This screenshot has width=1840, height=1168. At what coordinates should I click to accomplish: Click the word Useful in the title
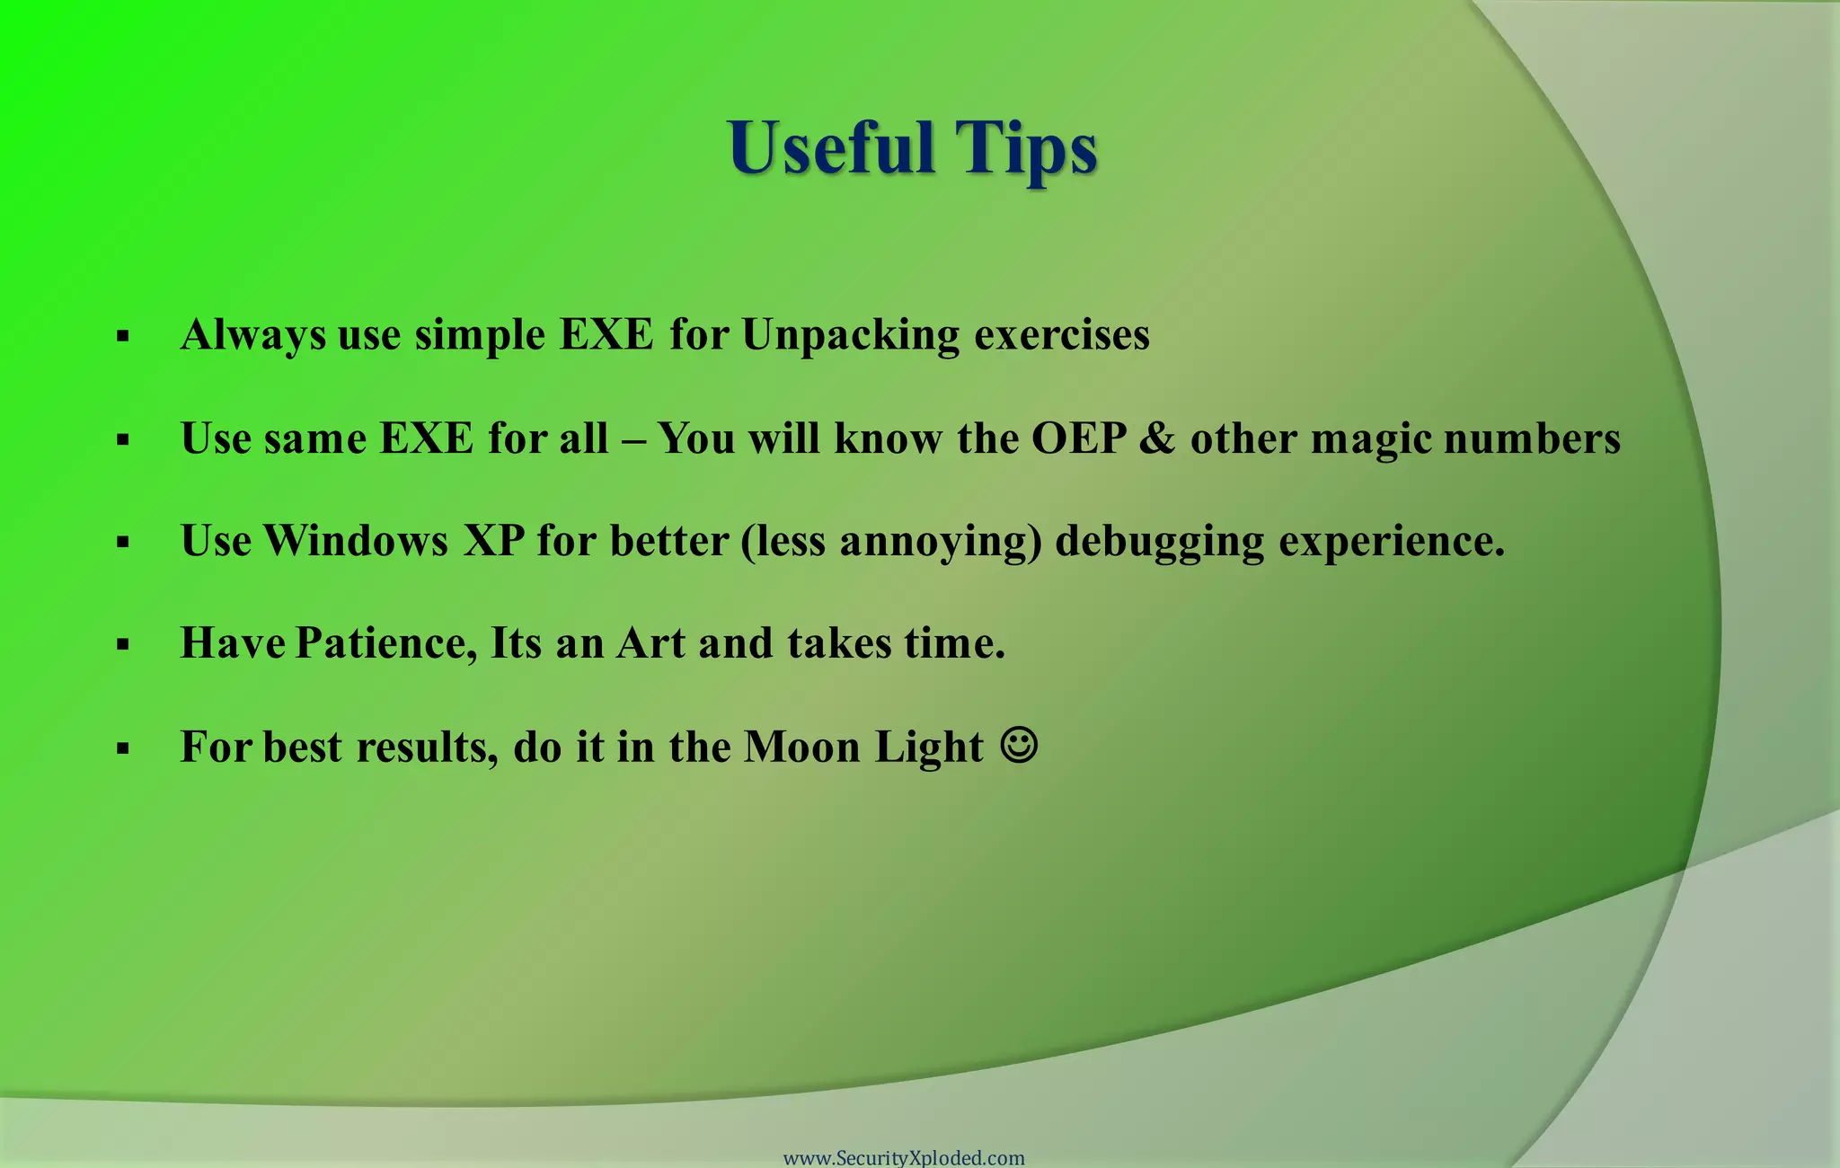click(x=830, y=148)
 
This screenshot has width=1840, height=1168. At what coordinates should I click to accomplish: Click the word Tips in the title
click(x=1025, y=148)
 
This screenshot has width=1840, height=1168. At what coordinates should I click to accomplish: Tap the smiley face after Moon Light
click(x=1019, y=745)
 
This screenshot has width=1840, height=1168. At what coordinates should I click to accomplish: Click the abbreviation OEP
click(x=1078, y=438)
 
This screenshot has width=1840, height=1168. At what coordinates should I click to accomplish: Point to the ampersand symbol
click(x=1157, y=438)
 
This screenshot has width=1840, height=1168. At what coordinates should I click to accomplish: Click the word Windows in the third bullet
click(x=356, y=541)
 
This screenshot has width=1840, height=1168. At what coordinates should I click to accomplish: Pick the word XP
click(x=493, y=541)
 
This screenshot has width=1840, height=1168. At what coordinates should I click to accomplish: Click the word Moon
click(x=802, y=747)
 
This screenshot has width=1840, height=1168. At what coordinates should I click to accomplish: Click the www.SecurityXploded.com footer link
click(x=904, y=1157)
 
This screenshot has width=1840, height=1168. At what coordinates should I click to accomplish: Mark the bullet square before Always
click(x=123, y=337)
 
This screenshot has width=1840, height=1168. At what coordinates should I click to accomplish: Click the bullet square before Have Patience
click(x=123, y=644)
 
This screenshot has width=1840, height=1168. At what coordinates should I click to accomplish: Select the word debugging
click(x=1159, y=543)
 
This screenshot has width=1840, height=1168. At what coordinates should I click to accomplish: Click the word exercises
click(x=1061, y=336)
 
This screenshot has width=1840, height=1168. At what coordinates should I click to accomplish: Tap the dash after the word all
click(x=632, y=440)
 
